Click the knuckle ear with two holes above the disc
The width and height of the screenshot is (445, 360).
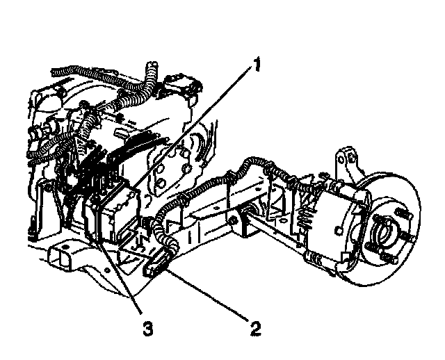point(349,164)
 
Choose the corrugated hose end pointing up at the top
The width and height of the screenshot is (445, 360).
point(149,69)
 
